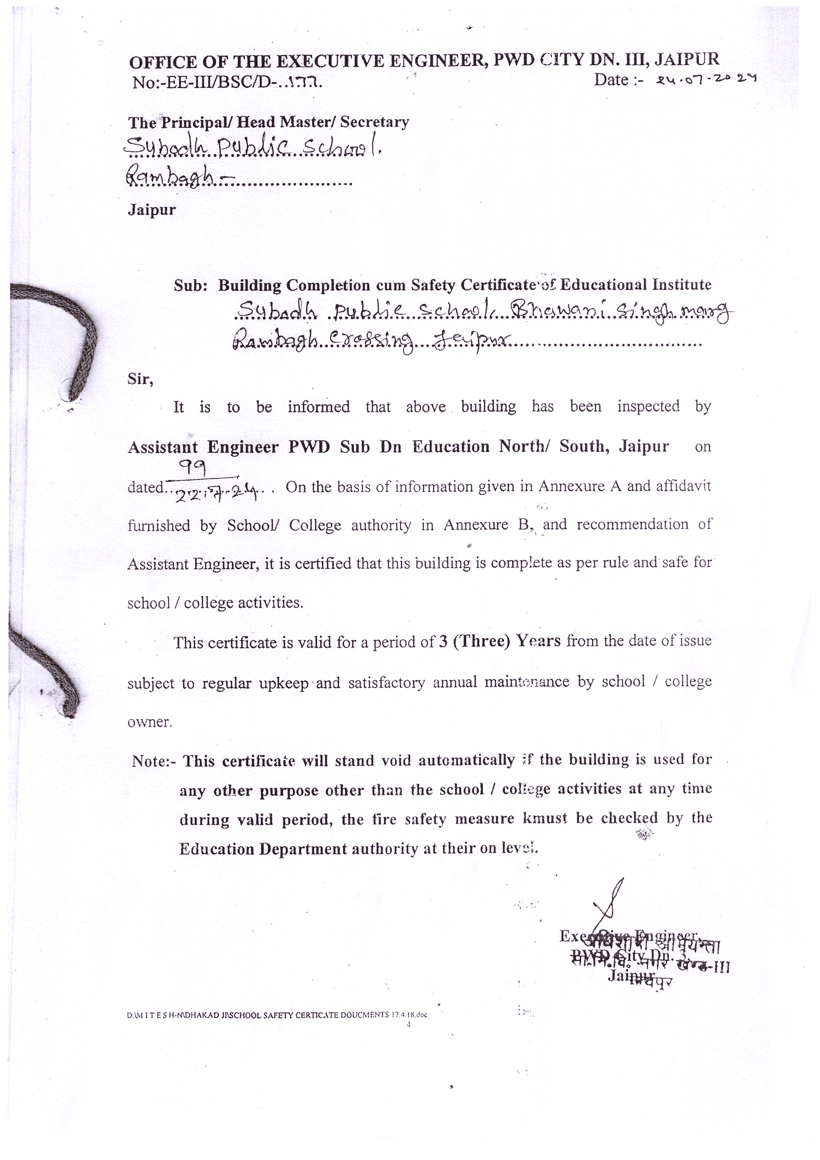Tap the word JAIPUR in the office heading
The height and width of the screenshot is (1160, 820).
click(x=687, y=60)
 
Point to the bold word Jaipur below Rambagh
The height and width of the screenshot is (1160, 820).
click(x=152, y=210)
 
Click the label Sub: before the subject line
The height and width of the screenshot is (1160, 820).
click(x=190, y=286)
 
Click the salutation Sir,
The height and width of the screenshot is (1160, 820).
click(x=140, y=379)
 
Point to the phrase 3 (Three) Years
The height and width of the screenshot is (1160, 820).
click(x=499, y=641)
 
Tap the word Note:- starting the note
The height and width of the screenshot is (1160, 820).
click(x=154, y=761)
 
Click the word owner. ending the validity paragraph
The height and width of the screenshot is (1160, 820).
click(x=149, y=722)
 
